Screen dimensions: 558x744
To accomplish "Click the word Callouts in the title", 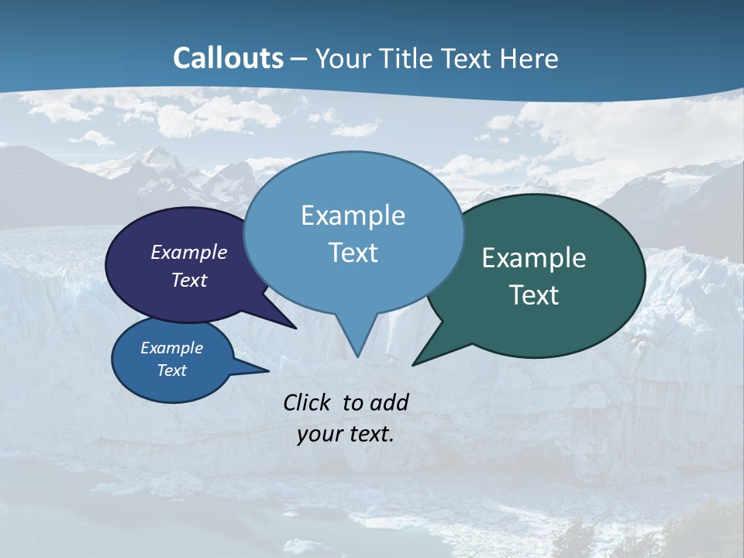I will (x=229, y=58).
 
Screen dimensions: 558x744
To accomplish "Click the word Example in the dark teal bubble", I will (x=534, y=258).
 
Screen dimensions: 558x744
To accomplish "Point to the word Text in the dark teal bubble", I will (x=534, y=294).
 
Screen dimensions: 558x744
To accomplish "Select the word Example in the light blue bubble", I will (x=353, y=215).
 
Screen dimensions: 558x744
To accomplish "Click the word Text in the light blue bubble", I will (x=353, y=253).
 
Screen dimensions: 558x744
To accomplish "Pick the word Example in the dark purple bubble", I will (x=189, y=252).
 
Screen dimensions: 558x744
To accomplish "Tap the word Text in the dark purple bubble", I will (x=189, y=280).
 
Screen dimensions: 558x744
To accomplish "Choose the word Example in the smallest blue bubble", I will (x=171, y=348).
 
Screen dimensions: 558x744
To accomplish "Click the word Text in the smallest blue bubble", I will (x=171, y=370).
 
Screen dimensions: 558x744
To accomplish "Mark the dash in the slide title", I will (x=298, y=58).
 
